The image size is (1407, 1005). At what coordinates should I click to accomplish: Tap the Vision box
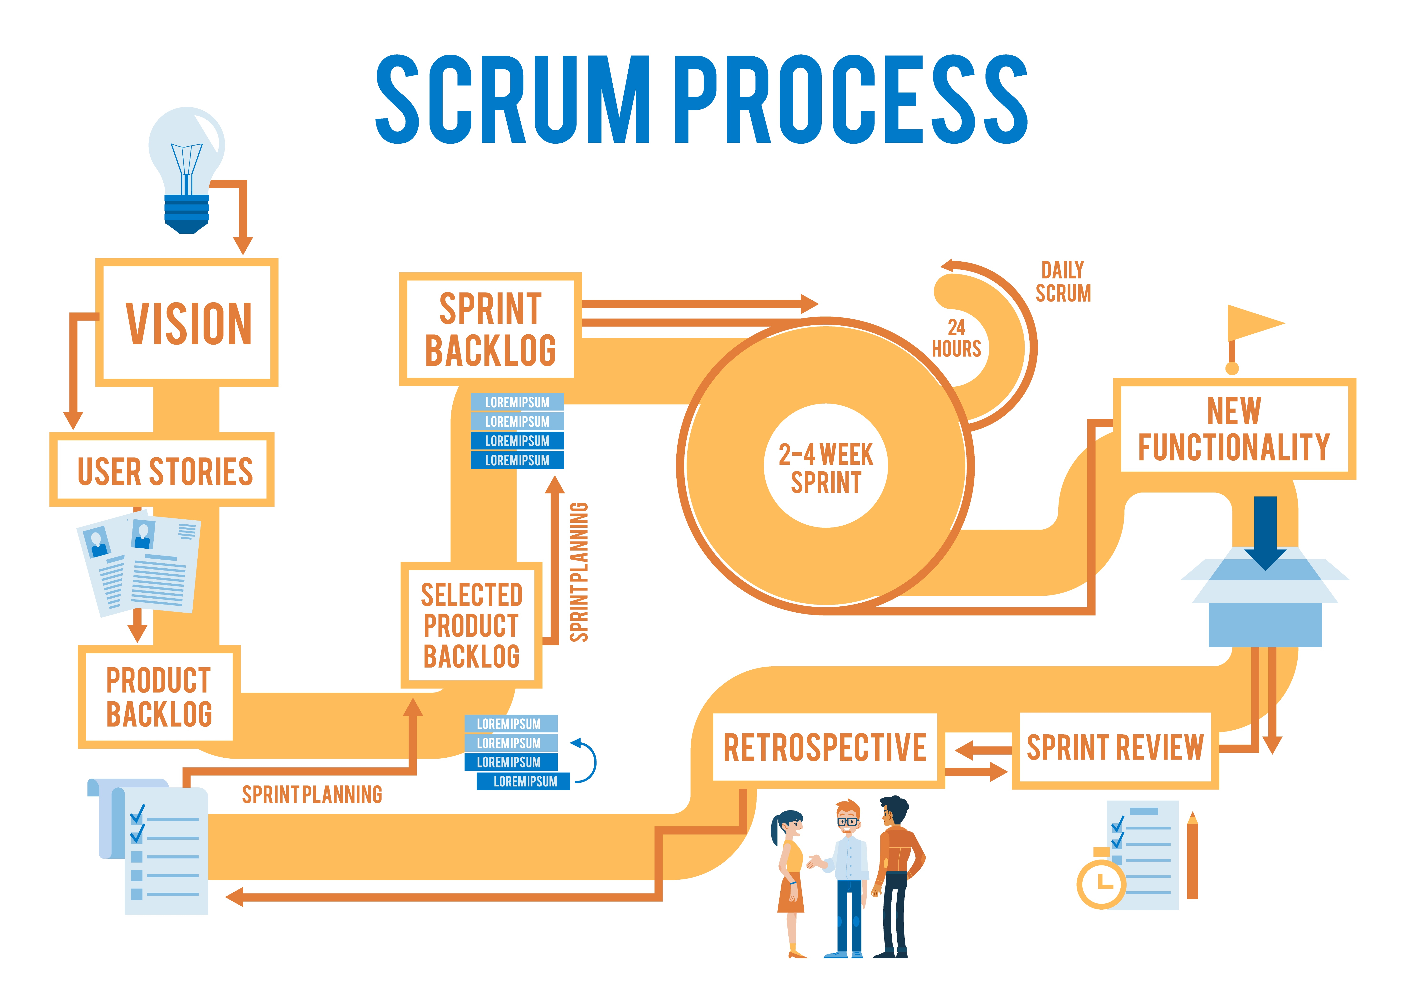tap(187, 323)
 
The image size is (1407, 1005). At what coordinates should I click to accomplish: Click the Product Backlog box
tap(159, 696)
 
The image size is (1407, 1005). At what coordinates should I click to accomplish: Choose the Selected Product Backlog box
tap(471, 625)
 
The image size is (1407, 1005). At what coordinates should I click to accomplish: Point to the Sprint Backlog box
tap(490, 329)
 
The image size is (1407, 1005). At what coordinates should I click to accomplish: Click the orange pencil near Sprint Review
tap(1192, 857)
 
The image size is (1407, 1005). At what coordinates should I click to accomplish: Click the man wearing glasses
tap(848, 879)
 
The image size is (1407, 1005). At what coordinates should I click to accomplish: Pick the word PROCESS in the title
tap(851, 99)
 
